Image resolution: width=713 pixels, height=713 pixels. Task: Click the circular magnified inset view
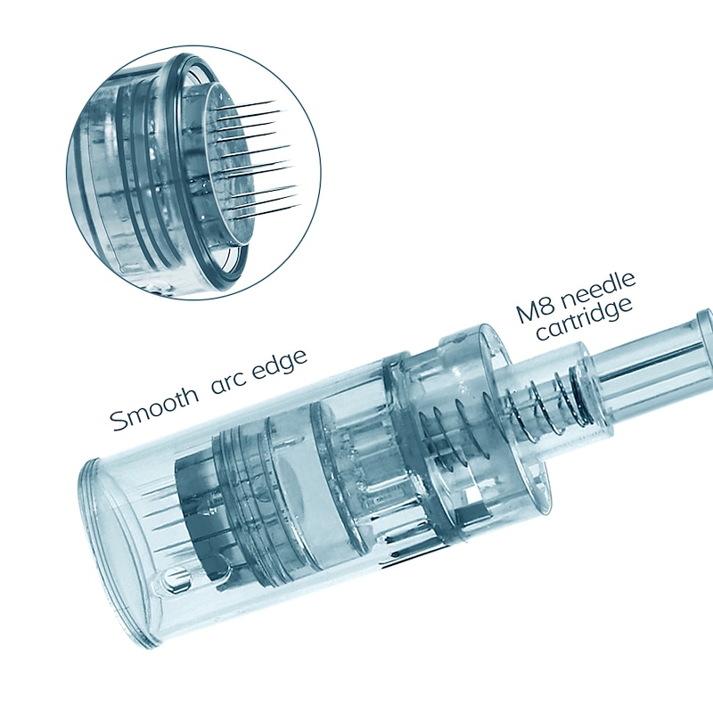pos(193,172)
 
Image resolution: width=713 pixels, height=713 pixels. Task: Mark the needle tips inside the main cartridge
pos(154,514)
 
